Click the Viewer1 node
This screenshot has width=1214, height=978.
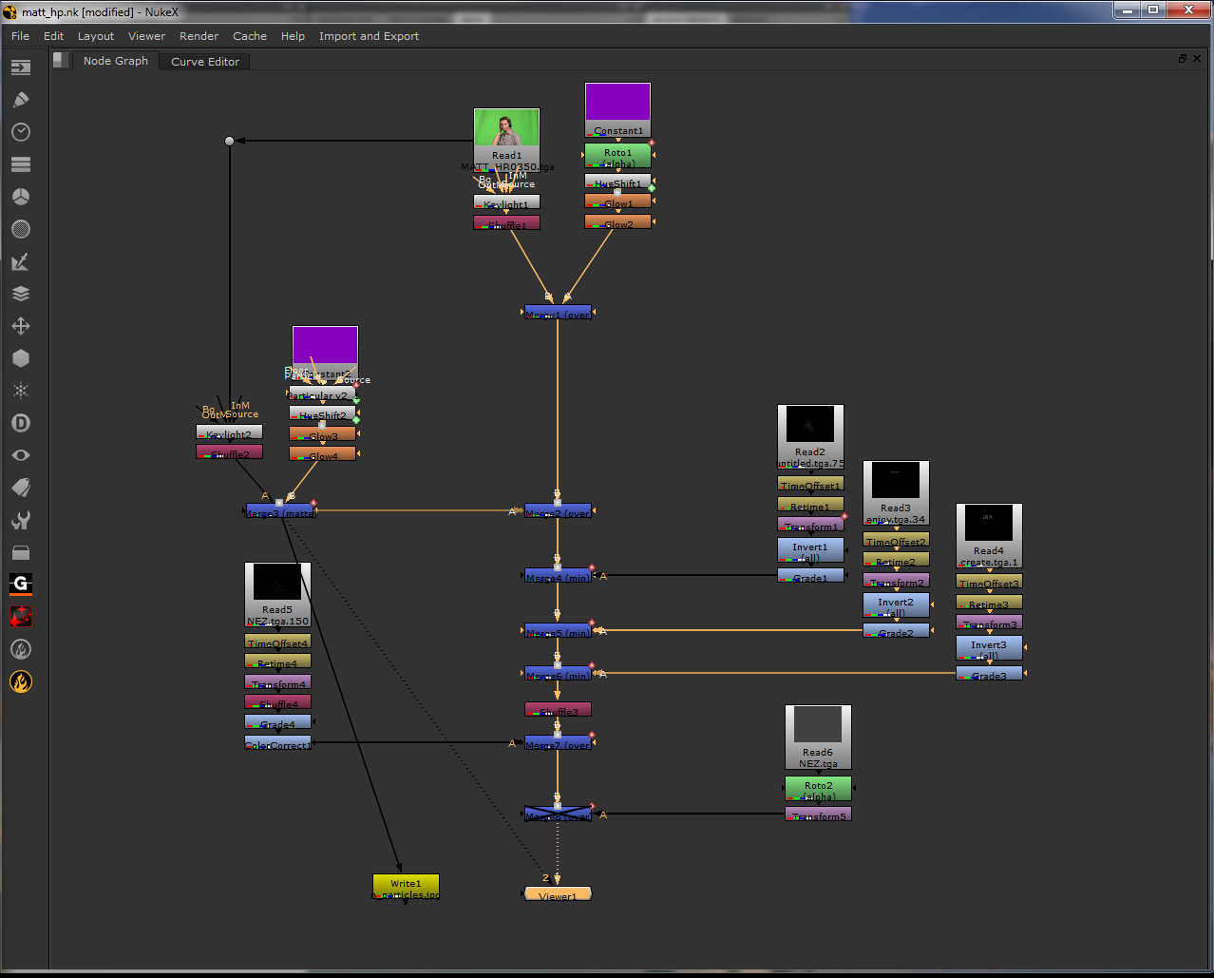(x=558, y=894)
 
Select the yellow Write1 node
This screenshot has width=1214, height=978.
(x=406, y=887)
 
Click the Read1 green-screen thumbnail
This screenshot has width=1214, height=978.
(x=506, y=127)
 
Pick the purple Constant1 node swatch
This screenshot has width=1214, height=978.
(x=617, y=102)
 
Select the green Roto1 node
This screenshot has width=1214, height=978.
(x=617, y=155)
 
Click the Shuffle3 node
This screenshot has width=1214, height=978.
(x=558, y=710)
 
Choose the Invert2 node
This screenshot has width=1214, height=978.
(x=896, y=604)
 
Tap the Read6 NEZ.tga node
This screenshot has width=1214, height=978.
(x=818, y=736)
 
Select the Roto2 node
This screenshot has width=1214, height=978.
(x=818, y=788)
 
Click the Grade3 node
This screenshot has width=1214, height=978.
(x=989, y=674)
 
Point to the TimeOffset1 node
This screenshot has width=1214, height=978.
(x=810, y=485)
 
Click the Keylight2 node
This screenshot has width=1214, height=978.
(x=229, y=432)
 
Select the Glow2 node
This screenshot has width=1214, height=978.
(x=617, y=222)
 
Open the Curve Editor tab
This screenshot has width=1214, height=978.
(x=205, y=62)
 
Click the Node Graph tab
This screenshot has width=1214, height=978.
(x=115, y=61)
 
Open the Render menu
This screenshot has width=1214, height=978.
(x=199, y=36)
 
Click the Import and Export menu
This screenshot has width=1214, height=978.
(x=369, y=36)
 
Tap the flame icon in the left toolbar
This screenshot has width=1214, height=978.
(x=21, y=681)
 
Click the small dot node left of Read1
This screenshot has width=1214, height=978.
(x=229, y=141)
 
